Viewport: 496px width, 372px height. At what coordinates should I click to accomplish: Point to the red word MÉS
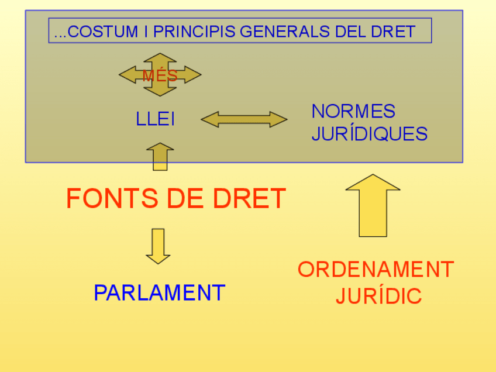(x=160, y=76)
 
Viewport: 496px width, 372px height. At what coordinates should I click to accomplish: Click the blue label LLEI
(x=155, y=120)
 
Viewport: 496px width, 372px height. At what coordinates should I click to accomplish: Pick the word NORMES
(x=353, y=111)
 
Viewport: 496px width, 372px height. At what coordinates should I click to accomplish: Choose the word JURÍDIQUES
(x=369, y=134)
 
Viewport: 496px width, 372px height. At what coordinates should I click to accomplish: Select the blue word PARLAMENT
(x=159, y=292)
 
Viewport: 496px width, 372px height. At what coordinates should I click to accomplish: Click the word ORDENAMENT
(x=376, y=270)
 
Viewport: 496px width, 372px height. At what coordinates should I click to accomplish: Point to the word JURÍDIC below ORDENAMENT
(x=378, y=296)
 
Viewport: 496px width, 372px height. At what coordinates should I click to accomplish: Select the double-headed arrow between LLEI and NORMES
(x=244, y=119)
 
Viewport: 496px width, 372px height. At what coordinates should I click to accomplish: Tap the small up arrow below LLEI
(x=160, y=157)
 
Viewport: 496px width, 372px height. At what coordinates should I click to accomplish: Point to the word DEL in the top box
(x=350, y=32)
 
